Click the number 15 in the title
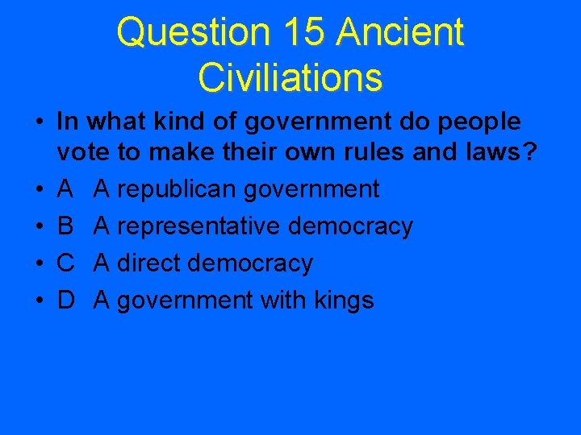(x=304, y=32)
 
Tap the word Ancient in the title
(x=400, y=32)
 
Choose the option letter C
(x=66, y=263)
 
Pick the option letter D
(x=66, y=300)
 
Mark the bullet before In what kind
(x=38, y=122)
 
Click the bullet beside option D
(x=38, y=301)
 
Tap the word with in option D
(x=279, y=300)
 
